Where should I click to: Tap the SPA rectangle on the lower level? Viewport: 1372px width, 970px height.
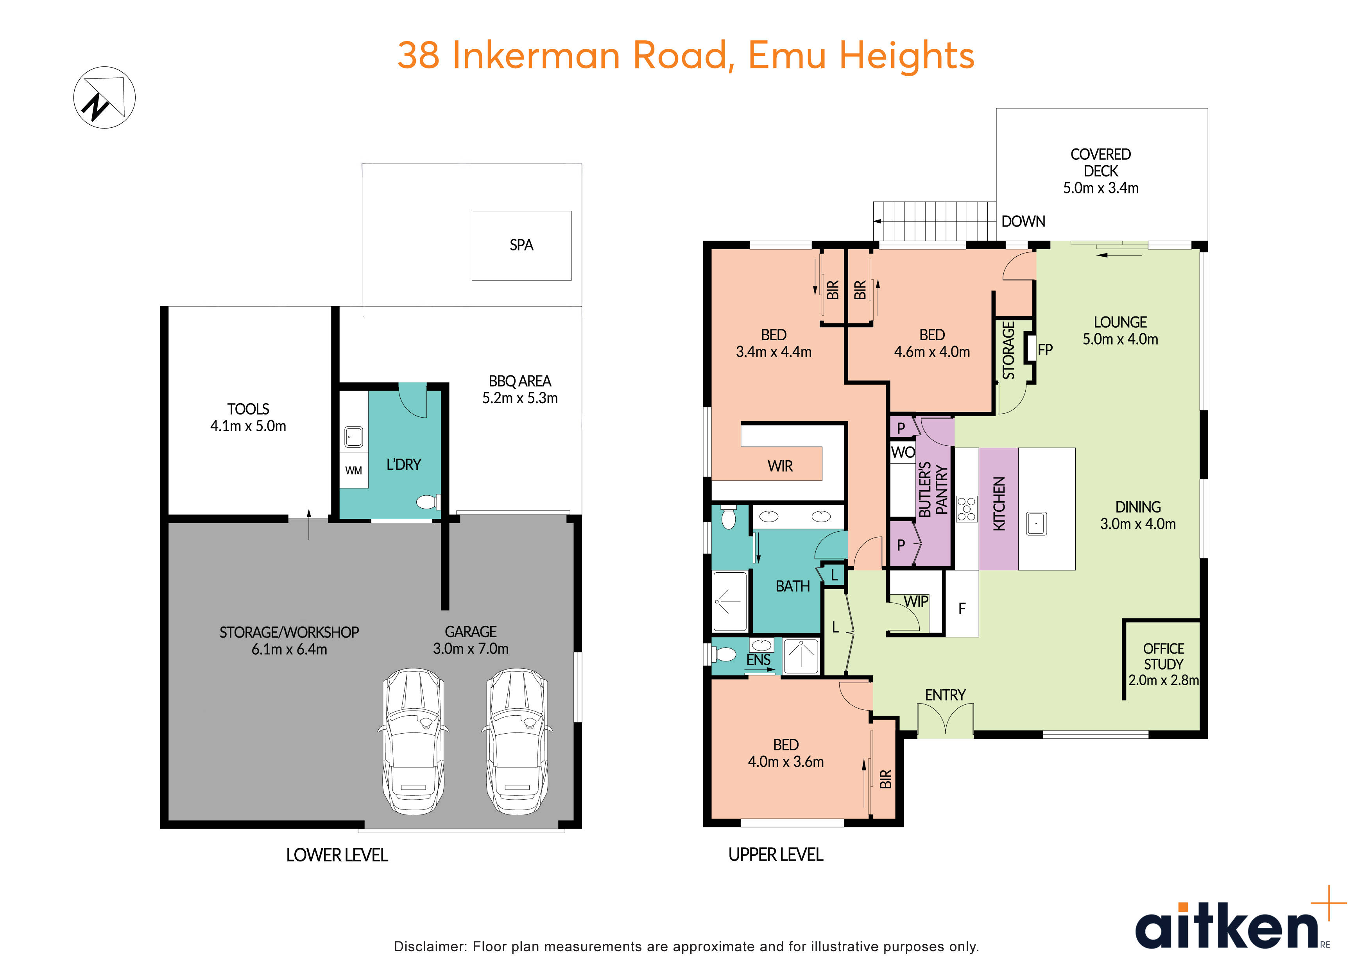click(x=521, y=245)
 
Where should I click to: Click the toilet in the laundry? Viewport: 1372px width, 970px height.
click(x=428, y=501)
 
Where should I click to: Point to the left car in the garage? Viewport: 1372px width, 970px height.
click(x=413, y=741)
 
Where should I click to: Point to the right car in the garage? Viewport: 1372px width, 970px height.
click(x=516, y=741)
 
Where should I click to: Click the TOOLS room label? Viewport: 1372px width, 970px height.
click(x=248, y=409)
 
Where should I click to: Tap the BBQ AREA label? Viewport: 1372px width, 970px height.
click(x=519, y=381)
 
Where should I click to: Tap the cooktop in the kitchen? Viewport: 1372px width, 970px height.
click(x=966, y=509)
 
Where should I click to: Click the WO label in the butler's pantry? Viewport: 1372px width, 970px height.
click(x=902, y=452)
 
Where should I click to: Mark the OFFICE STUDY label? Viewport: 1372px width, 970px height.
click(x=1163, y=656)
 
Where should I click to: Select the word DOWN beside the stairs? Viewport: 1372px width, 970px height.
click(x=1023, y=222)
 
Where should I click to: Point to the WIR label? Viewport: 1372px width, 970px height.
click(x=780, y=466)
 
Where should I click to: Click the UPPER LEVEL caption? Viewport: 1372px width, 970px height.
click(x=776, y=855)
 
